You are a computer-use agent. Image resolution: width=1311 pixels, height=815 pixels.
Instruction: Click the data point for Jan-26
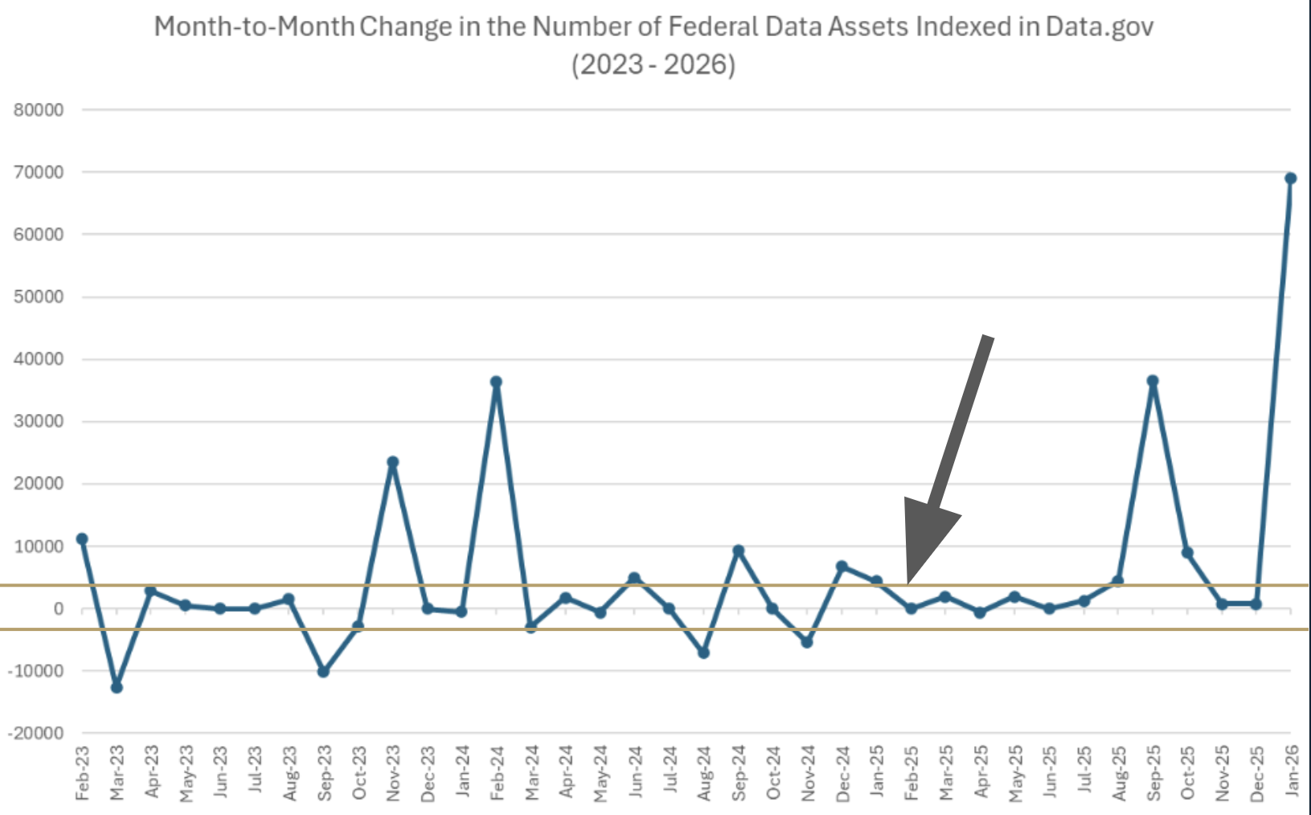coord(1290,178)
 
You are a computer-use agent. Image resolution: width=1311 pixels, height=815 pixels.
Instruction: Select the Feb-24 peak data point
coord(496,382)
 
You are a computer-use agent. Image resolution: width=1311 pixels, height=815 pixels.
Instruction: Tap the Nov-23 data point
coord(392,462)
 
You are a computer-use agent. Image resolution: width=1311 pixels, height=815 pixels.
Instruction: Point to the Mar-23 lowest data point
coord(117,687)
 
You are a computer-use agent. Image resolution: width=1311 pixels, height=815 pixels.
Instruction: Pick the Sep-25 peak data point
coord(1153,381)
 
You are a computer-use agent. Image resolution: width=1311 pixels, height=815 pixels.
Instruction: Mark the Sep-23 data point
coord(323,671)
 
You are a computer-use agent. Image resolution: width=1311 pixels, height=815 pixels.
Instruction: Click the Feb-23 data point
coord(82,539)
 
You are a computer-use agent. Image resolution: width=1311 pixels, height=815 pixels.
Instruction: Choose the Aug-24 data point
coord(703,653)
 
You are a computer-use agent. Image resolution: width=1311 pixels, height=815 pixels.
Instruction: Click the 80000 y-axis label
coord(39,110)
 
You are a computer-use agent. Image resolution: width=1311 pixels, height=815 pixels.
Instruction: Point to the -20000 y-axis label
coord(35,733)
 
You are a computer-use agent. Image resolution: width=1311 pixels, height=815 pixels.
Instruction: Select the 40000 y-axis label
coord(39,359)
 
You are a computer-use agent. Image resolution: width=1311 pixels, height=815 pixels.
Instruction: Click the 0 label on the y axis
coord(58,609)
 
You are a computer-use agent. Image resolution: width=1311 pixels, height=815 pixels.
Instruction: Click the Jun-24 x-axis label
coord(635,772)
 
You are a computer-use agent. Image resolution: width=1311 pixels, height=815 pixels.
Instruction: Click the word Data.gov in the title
coord(1099,27)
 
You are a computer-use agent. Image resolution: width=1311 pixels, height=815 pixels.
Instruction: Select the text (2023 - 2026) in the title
coord(653,64)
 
